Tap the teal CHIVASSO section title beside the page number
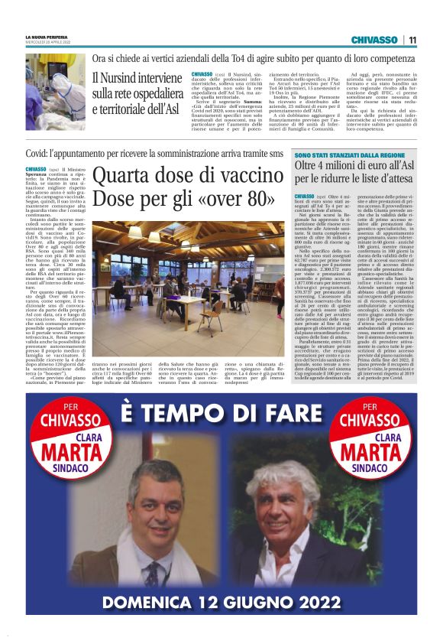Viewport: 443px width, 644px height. point(374,40)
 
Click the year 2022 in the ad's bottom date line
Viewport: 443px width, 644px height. point(306,602)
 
